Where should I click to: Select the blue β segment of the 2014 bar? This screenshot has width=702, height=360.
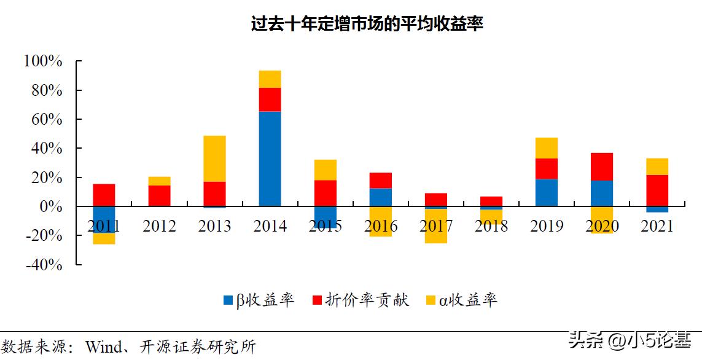tap(270, 158)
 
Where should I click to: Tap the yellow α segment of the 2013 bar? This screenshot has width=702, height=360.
tap(214, 158)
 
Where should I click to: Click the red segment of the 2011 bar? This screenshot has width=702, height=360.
tap(104, 195)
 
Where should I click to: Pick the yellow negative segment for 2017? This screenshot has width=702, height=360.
tap(435, 237)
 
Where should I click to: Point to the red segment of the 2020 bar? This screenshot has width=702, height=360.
tap(602, 166)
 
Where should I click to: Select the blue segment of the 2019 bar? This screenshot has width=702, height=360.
tap(547, 192)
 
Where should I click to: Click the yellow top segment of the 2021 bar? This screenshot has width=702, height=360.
tap(657, 166)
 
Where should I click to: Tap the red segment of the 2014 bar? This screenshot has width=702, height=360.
tap(270, 100)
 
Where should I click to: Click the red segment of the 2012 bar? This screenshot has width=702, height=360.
tap(159, 195)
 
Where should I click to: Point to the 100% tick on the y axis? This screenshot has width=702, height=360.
tap(43, 61)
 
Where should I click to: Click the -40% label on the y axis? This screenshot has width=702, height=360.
tap(43, 265)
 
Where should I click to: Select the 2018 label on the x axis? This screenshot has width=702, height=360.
tap(491, 226)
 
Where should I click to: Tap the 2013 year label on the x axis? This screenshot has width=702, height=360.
tap(214, 226)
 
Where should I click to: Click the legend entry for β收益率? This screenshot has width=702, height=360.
tap(258, 300)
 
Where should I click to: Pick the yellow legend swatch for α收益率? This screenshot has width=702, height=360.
tap(431, 300)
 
